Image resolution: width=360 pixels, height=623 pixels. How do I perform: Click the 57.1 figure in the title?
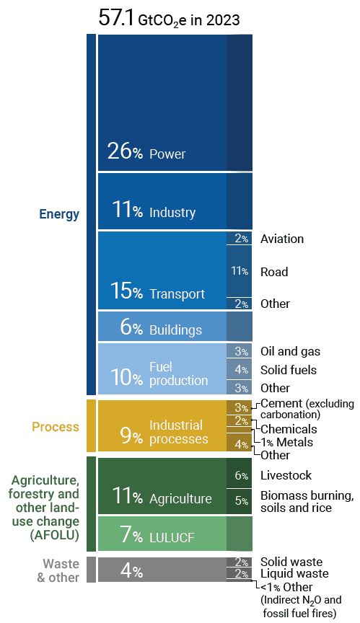point(116,18)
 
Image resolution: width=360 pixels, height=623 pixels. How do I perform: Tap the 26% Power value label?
point(125,151)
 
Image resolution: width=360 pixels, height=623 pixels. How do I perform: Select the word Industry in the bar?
point(172,213)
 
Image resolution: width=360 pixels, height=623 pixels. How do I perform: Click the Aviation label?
point(282,239)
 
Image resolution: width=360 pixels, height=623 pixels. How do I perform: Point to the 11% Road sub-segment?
point(240,271)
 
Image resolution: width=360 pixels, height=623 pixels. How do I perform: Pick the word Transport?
point(177,294)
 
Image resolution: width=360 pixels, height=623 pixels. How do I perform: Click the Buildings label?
point(175,330)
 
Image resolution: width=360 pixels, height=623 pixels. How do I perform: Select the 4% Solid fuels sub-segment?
point(240,369)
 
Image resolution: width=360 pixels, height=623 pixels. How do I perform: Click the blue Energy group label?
point(59,214)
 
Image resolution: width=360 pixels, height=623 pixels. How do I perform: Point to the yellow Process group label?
point(56,427)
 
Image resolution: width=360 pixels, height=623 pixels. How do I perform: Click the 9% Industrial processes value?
point(131,436)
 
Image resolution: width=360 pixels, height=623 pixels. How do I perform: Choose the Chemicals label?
point(289,429)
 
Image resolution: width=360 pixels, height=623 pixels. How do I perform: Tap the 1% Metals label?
point(287,442)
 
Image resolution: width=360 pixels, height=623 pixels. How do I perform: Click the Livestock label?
point(286,475)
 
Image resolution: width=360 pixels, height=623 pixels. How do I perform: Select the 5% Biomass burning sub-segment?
point(240,501)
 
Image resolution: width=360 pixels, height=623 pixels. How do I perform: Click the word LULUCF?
point(172,538)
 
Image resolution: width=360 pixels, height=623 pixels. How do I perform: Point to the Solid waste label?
point(291,562)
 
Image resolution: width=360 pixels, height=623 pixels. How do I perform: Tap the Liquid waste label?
point(294,573)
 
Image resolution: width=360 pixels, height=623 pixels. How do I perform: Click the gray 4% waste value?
point(131,571)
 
